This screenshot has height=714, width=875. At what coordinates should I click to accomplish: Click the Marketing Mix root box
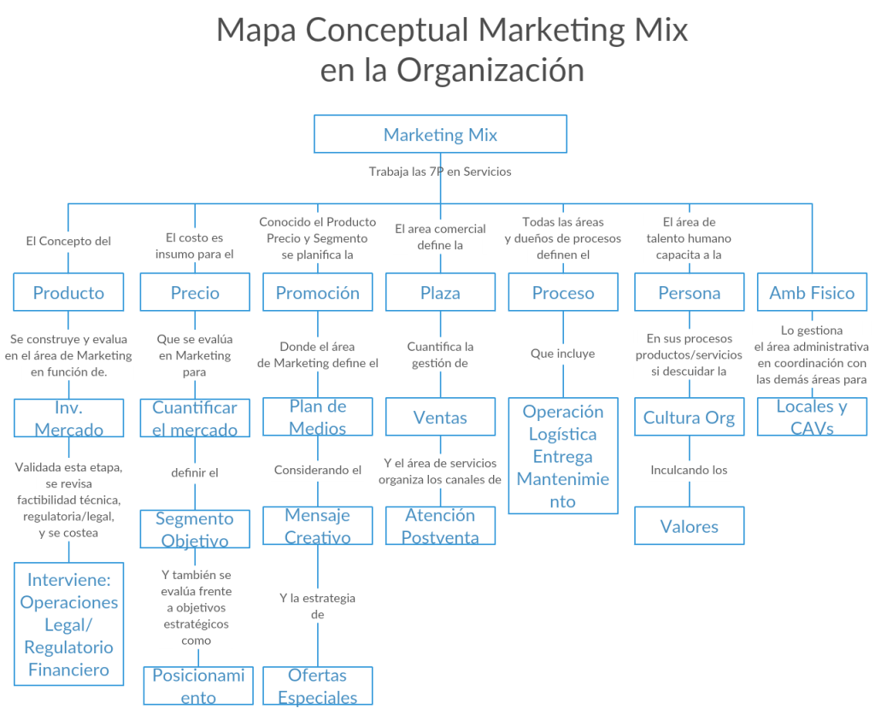tap(440, 134)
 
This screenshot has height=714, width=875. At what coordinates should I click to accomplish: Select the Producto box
tap(68, 292)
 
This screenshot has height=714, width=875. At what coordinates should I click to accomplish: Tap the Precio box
tap(195, 292)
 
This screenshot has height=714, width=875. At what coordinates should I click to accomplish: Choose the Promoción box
tap(317, 292)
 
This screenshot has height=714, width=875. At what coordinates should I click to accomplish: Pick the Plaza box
tap(440, 292)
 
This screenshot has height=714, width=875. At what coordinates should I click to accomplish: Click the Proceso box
tap(563, 292)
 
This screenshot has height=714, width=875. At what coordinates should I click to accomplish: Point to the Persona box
tap(689, 292)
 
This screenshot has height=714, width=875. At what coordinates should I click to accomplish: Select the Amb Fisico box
tap(812, 292)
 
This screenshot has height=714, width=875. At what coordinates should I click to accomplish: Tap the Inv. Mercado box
tap(68, 418)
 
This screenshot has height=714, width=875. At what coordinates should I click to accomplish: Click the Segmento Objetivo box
tap(195, 530)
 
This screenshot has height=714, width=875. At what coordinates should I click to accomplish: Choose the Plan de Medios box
tap(317, 418)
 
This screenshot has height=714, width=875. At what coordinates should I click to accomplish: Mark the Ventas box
tap(440, 418)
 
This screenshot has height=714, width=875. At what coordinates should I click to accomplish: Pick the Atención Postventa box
tap(440, 526)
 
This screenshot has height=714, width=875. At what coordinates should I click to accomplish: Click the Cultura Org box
tap(689, 418)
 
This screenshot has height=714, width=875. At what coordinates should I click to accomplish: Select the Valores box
tap(689, 526)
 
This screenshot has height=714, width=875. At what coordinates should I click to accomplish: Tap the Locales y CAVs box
tap(812, 418)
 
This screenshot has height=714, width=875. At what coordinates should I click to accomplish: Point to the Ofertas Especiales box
tap(317, 687)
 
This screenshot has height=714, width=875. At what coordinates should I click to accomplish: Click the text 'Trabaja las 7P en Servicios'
tap(440, 172)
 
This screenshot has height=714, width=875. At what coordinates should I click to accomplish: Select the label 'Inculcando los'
tap(689, 470)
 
